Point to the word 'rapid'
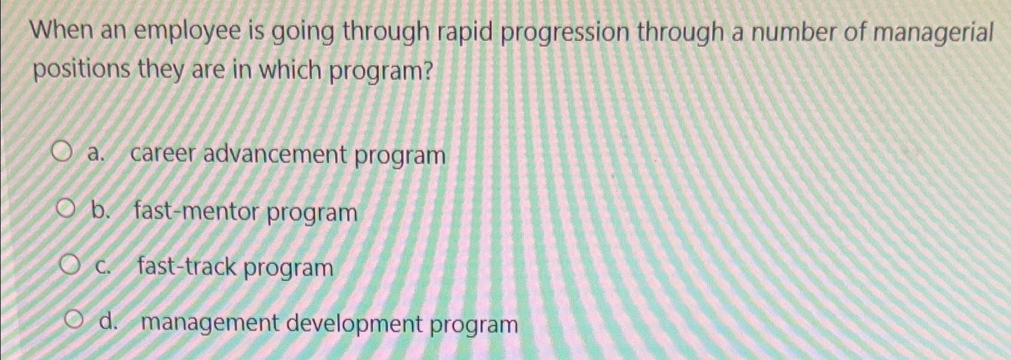[x=464, y=33]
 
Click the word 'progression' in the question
[x=565, y=34]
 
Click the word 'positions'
[x=82, y=71]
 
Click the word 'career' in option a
[x=163, y=155]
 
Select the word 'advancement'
[x=275, y=155]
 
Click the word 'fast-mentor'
[x=197, y=212]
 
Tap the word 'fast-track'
[x=187, y=266]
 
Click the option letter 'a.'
[x=95, y=154]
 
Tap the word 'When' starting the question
[x=62, y=32]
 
